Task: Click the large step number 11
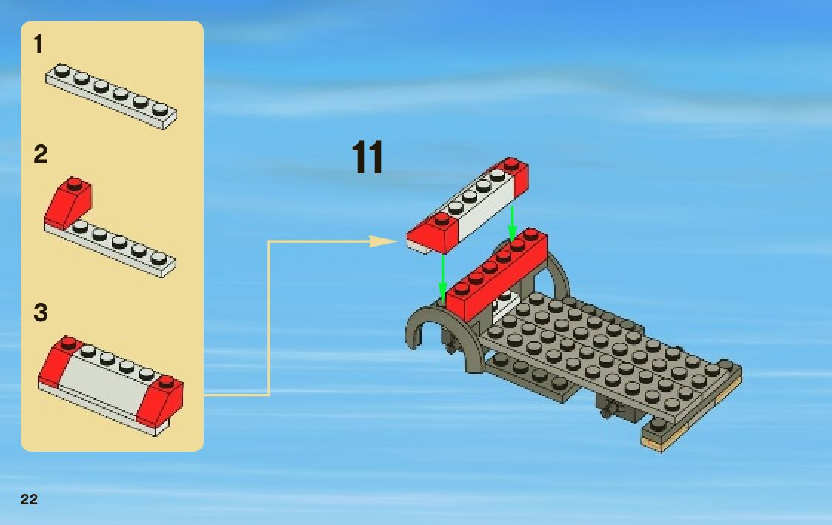pyautogui.click(x=367, y=158)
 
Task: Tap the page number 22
pyautogui.click(x=29, y=500)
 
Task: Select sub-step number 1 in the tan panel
pyautogui.click(x=38, y=45)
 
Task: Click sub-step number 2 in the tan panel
pyautogui.click(x=40, y=155)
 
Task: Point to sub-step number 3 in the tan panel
pyautogui.click(x=40, y=312)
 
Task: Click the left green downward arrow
pyautogui.click(x=442, y=278)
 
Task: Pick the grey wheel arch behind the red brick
pyautogui.click(x=557, y=274)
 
